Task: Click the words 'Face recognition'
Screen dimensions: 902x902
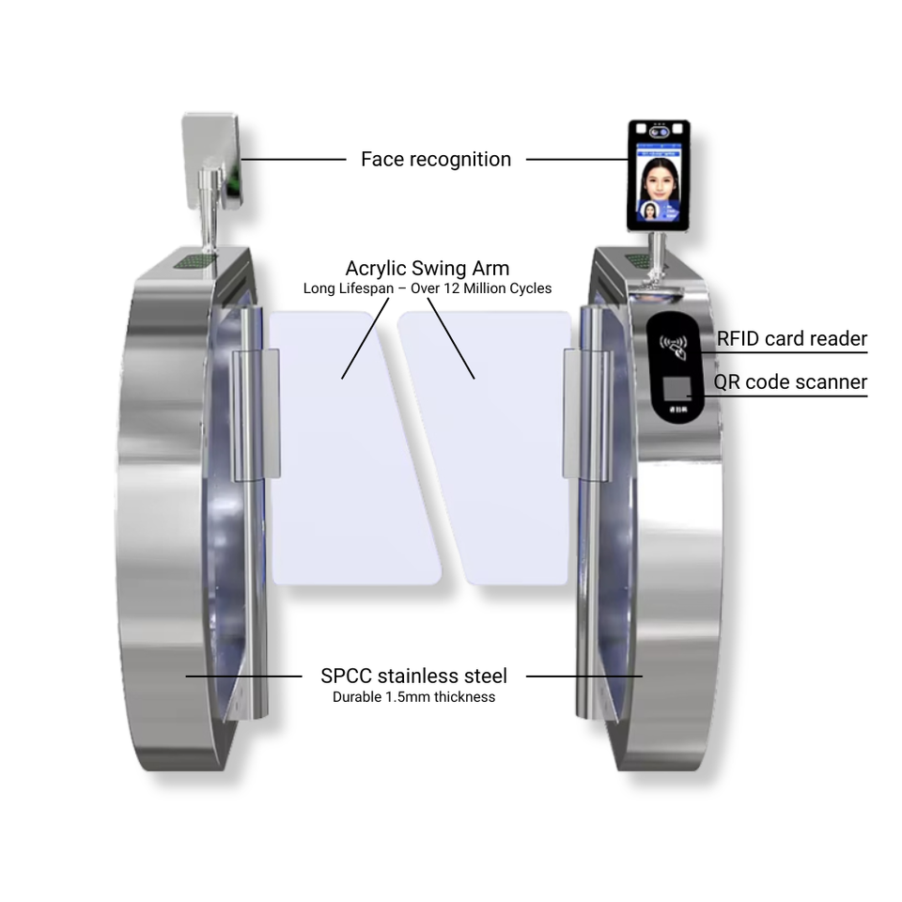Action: click(436, 160)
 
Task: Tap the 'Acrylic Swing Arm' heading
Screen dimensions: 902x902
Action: click(428, 269)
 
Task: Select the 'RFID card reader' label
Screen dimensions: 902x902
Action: click(791, 339)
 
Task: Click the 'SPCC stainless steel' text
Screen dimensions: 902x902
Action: click(413, 676)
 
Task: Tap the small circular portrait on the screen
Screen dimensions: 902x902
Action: click(650, 210)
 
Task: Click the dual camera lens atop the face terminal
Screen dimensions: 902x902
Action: click(659, 132)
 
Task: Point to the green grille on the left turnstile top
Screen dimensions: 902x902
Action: click(194, 257)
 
